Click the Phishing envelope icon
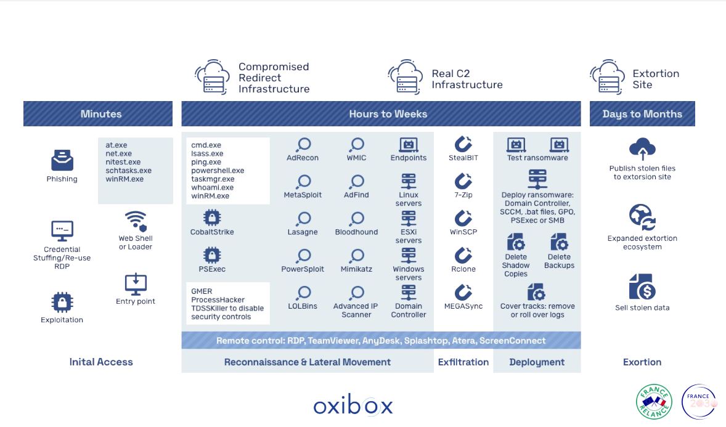point(62,161)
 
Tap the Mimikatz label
point(356,269)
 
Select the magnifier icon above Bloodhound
point(357,219)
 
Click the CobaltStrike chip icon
point(212,218)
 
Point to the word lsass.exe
point(207,153)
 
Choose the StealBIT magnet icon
point(463,144)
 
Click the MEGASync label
point(463,306)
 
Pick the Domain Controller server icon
point(408,292)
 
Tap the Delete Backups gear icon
point(559,242)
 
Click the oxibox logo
point(353,405)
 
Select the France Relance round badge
point(654,402)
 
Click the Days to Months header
point(642,114)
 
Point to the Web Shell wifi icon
point(136,221)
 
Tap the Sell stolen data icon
point(642,287)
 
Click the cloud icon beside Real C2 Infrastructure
point(406,77)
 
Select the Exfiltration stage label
point(463,362)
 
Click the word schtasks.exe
point(128,171)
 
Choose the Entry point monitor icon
point(136,284)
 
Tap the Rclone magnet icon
point(463,256)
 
